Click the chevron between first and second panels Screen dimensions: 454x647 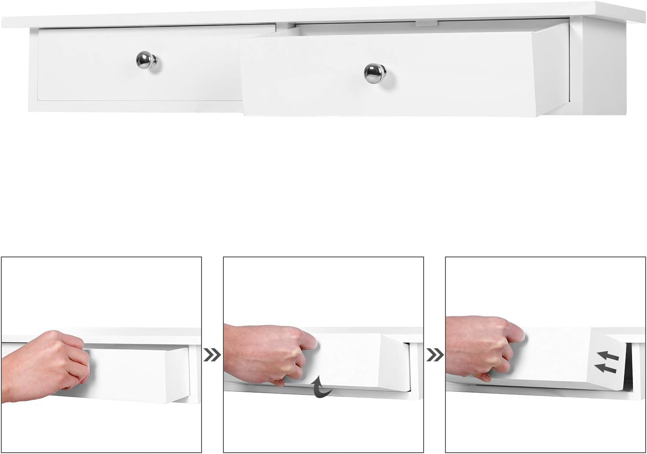(212, 355)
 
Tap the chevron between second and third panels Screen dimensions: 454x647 (435, 355)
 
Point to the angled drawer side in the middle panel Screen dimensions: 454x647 (396, 363)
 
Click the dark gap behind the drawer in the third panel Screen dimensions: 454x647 (629, 367)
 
